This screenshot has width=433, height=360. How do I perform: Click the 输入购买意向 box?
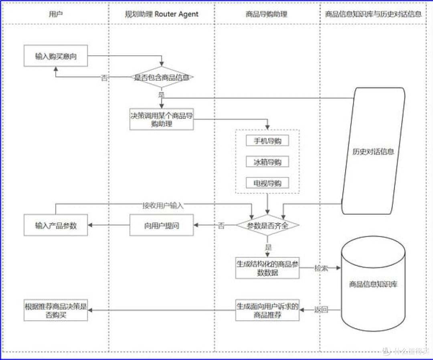pos(56,56)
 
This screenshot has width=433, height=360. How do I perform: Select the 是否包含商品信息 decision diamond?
pos(162,77)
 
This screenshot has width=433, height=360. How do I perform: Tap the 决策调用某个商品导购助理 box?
pos(162,119)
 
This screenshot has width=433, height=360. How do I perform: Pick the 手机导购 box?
pos(267,140)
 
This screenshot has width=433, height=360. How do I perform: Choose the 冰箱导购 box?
pos(267,162)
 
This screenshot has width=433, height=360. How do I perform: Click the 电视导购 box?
pos(267,183)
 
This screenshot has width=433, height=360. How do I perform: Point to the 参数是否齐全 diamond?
pos(267,225)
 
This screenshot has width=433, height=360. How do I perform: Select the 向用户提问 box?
pos(162,225)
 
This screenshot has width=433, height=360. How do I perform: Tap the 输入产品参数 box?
pos(56,225)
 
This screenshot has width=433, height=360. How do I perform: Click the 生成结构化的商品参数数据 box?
pos(267,268)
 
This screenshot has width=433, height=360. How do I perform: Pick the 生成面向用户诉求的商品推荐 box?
pos(267,310)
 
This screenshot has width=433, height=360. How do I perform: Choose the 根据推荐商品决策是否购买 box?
pos(56,310)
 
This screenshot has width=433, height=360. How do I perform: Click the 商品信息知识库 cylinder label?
pos(373,284)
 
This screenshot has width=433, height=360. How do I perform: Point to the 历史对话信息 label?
pos(373,152)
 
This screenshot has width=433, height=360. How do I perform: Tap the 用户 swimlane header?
pos(55,14)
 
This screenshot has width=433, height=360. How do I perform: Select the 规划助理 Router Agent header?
pos(162,14)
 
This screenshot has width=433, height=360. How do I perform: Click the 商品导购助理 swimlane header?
pos(267,14)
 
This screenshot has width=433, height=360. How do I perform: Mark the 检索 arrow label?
pos(321,268)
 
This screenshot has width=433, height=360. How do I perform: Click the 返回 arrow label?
pos(321,310)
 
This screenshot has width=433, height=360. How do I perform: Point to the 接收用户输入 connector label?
pos(163,205)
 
